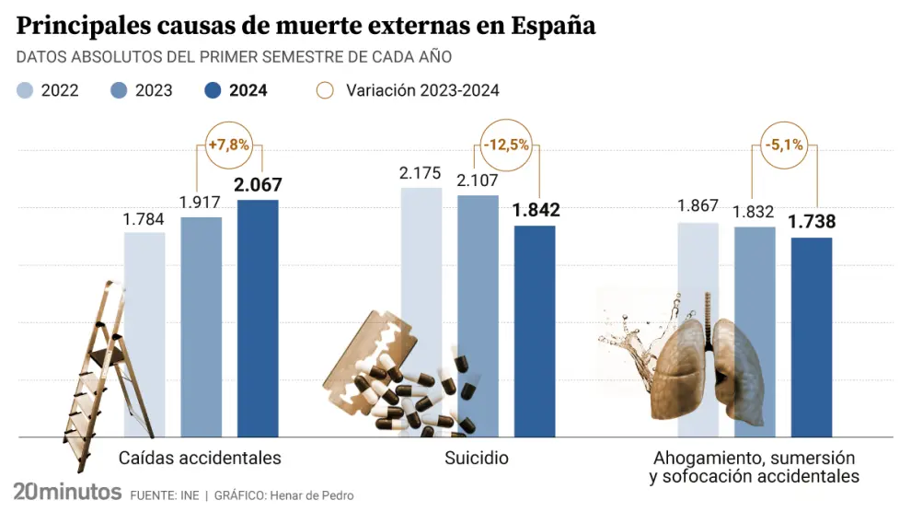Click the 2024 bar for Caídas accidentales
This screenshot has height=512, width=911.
(258, 318)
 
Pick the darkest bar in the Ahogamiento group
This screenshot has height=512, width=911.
(812, 336)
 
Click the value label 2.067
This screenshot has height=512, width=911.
(258, 185)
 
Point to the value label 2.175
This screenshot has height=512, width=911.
(421, 173)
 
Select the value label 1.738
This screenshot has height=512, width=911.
(812, 223)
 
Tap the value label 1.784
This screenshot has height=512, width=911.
(144, 218)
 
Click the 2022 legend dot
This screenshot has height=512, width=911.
(26, 90)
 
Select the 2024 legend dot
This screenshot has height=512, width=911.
(213, 90)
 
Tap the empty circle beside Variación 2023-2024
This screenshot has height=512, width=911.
(324, 90)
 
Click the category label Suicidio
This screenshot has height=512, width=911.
(476, 458)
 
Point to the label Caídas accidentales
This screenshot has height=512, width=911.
(200, 458)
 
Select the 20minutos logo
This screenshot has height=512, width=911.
(67, 491)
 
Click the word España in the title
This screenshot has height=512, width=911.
(549, 26)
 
